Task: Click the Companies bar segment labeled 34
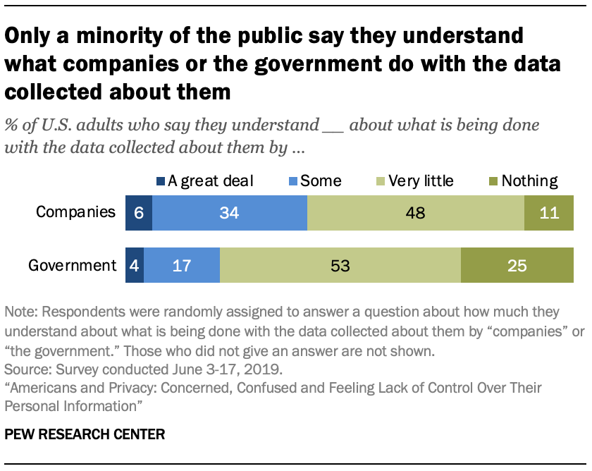tap(230, 213)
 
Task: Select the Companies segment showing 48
tap(416, 213)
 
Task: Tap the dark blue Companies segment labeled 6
tap(138, 213)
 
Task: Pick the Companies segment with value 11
tap(549, 213)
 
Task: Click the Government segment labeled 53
tap(340, 266)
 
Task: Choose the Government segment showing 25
tap(517, 266)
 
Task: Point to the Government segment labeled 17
tap(182, 266)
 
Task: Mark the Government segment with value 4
tap(134, 266)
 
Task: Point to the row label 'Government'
tap(72, 266)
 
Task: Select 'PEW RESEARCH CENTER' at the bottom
tap(85, 434)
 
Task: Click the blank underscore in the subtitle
tap(332, 127)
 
